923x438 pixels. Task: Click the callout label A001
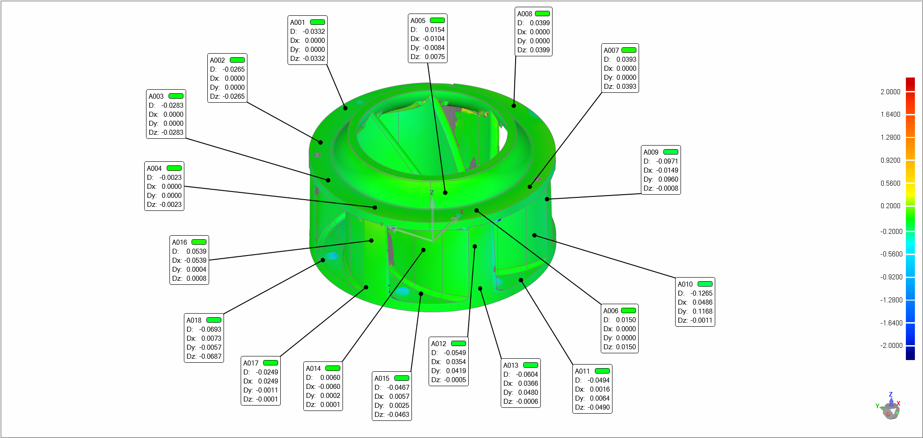click(297, 23)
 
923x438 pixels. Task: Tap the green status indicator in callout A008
click(542, 14)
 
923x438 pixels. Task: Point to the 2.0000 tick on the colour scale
click(890, 91)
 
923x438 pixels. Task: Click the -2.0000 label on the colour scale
click(891, 345)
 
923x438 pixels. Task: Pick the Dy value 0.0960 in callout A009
click(668, 179)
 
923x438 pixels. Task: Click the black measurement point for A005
click(445, 192)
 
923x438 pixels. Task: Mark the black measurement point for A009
click(547, 199)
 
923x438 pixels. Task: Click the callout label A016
click(179, 242)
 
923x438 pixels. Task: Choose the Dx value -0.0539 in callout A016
click(195, 260)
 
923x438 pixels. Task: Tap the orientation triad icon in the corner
click(889, 407)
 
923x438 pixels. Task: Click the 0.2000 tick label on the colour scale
click(890, 205)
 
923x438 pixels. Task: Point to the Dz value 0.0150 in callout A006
click(626, 347)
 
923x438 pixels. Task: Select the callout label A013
click(511, 365)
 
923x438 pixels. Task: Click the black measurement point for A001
click(345, 108)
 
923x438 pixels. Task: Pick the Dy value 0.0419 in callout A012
click(456, 371)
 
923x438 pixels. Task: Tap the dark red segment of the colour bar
click(910, 84)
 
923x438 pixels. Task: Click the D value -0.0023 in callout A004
click(170, 178)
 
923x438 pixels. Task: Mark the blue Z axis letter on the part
click(432, 192)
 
